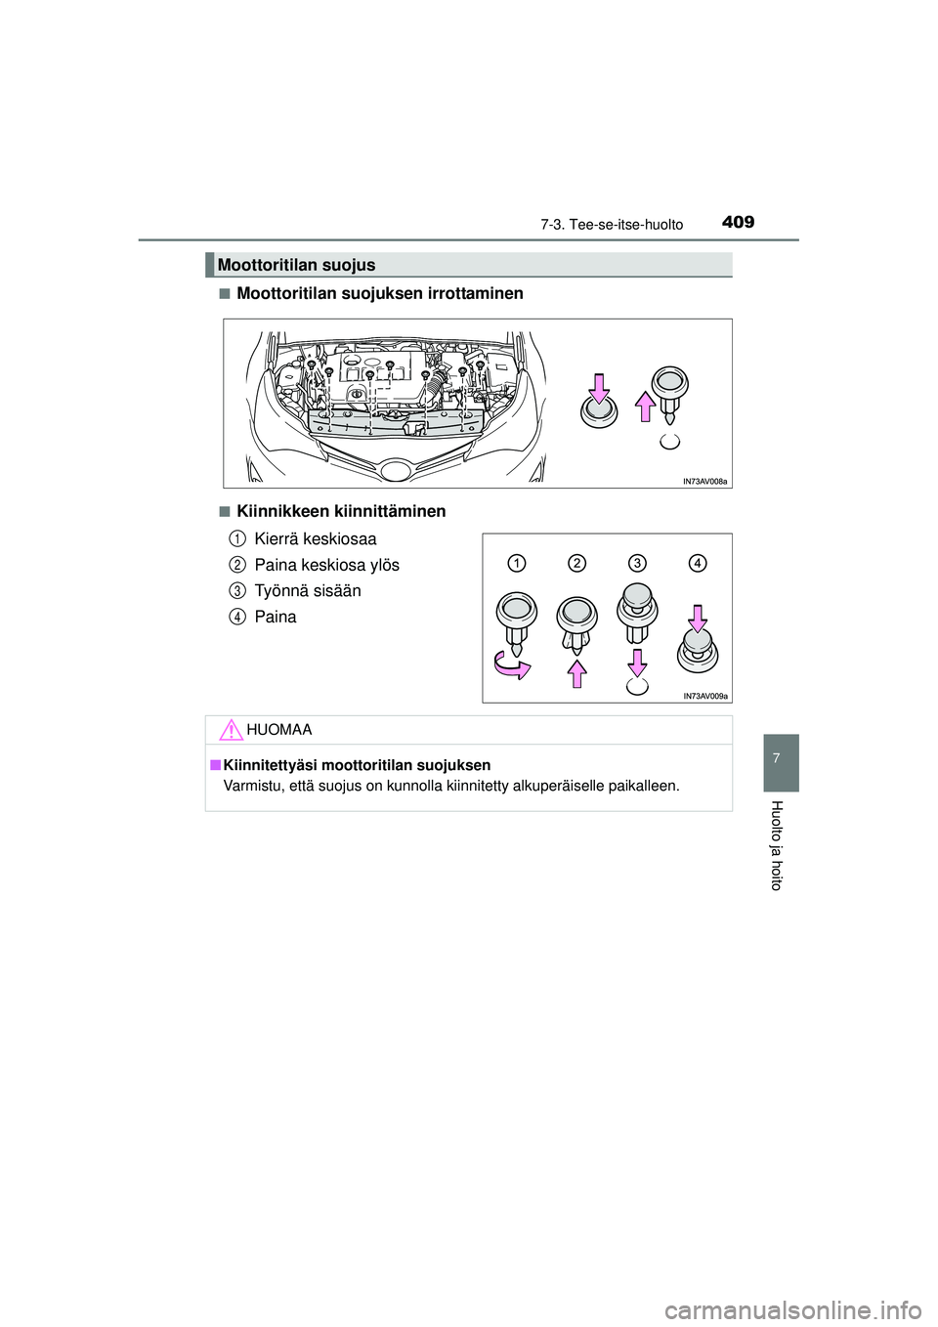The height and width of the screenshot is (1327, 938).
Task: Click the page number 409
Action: click(x=739, y=222)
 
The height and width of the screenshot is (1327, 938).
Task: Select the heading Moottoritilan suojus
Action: click(x=296, y=265)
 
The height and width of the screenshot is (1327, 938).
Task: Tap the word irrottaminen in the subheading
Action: click(x=475, y=293)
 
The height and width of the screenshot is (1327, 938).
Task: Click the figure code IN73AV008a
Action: click(x=704, y=481)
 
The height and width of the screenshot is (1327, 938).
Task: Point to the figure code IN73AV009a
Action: click(x=704, y=696)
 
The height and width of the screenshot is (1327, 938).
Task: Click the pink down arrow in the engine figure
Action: click(x=600, y=389)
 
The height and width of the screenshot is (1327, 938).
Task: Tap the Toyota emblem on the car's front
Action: click(x=396, y=471)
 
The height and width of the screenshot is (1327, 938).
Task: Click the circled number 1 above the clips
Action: click(x=517, y=563)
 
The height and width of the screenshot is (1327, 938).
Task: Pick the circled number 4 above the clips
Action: click(x=697, y=563)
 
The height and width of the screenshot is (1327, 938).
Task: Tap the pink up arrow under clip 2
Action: click(x=577, y=673)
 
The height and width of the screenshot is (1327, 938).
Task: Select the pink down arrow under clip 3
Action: click(x=637, y=663)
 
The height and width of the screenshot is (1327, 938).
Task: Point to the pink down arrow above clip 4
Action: click(x=698, y=619)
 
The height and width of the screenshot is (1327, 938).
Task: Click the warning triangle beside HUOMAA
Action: click(x=230, y=729)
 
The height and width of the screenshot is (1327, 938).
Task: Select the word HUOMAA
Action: click(x=279, y=730)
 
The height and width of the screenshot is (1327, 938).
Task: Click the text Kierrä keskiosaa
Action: click(x=315, y=538)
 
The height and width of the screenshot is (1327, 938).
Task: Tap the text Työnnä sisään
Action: click(x=307, y=590)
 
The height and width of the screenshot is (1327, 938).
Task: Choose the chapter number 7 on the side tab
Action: click(x=777, y=758)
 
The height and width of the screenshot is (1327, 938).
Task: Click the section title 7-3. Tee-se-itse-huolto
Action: click(x=612, y=225)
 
